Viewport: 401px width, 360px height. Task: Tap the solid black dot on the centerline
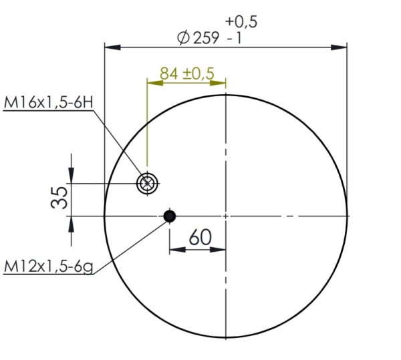(169, 216)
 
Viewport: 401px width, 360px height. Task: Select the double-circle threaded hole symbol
(147, 183)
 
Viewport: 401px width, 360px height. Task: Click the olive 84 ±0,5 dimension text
(187, 73)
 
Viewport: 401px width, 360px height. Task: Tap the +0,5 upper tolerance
(241, 22)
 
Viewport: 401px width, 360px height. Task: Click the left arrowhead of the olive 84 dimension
(153, 83)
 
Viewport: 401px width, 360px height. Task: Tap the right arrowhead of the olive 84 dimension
(221, 83)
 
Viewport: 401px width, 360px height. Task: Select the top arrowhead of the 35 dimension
(72, 176)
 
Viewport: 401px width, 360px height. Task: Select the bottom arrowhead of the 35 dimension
(72, 222)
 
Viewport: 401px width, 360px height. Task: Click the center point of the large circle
(227, 216)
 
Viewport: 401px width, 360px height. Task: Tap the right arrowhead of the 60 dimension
(222, 250)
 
